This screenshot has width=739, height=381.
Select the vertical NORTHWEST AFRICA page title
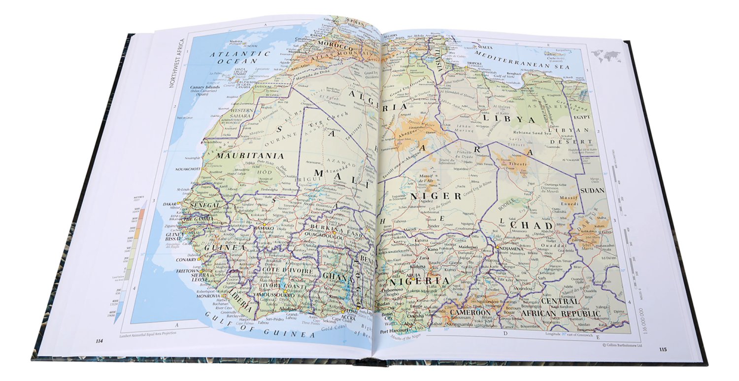pos(175,63)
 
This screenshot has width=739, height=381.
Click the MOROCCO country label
pos(335,49)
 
